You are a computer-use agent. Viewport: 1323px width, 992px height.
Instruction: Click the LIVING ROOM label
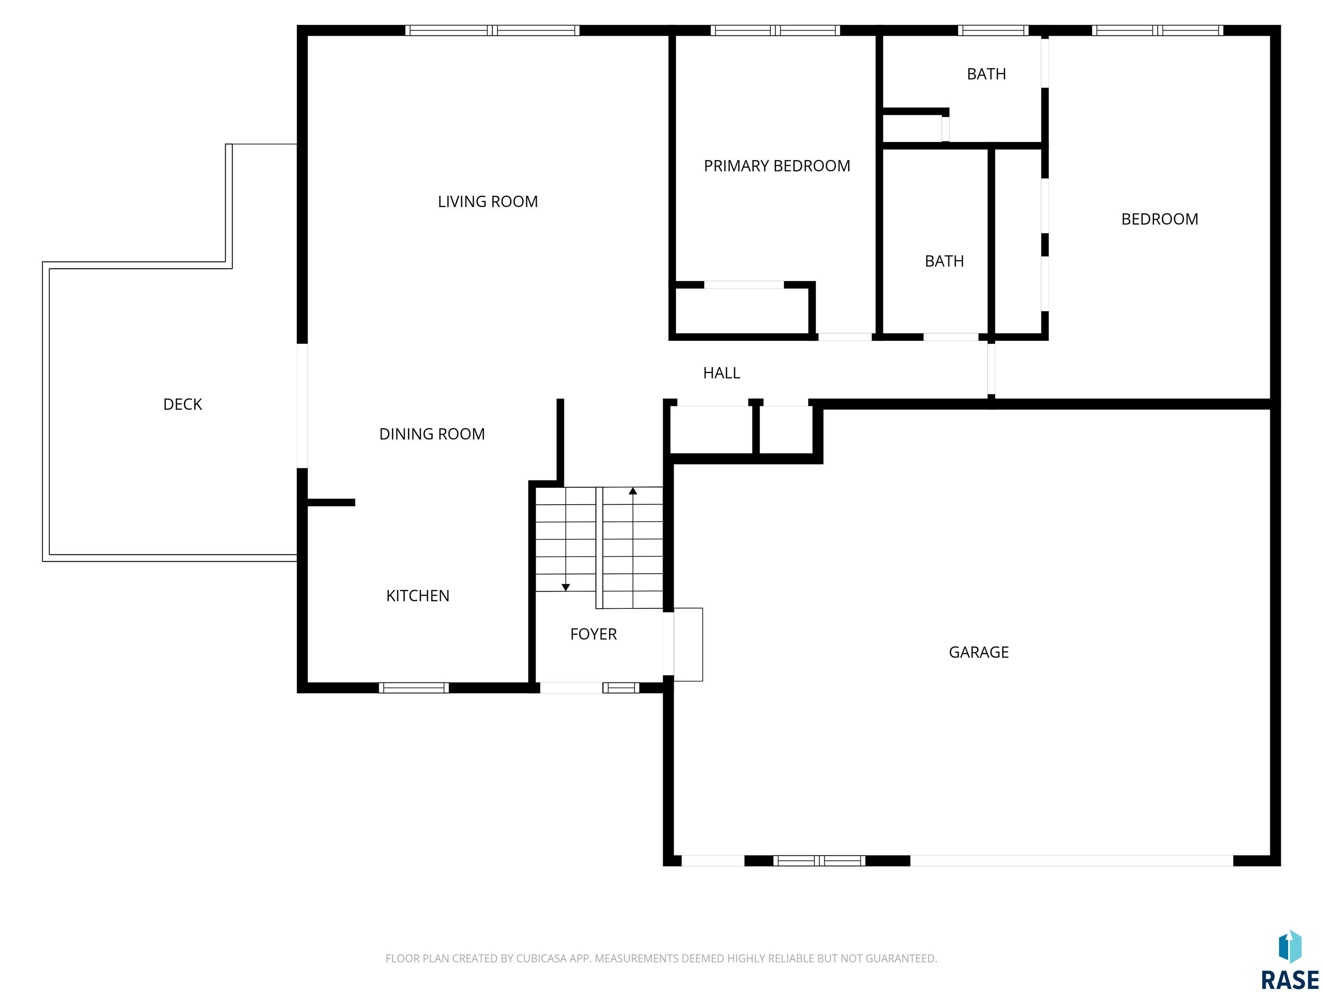point(488,201)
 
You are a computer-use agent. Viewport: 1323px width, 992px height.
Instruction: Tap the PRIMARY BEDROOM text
point(777,166)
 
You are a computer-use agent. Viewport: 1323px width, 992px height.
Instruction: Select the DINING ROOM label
point(432,434)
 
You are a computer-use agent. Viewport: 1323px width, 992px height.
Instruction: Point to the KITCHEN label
point(417,595)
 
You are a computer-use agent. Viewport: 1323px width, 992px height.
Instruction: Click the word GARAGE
point(978,652)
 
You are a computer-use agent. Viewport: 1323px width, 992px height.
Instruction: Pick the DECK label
point(183,404)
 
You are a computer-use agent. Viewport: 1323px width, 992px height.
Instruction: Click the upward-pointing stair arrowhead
point(633,491)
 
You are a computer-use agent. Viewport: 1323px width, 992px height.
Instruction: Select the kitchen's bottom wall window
point(414,688)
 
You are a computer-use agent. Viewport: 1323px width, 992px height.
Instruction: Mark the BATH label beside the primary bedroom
point(944,261)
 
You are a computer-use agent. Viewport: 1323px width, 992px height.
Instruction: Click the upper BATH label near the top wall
point(986,74)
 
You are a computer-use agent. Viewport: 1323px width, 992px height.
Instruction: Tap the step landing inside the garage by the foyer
point(688,644)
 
